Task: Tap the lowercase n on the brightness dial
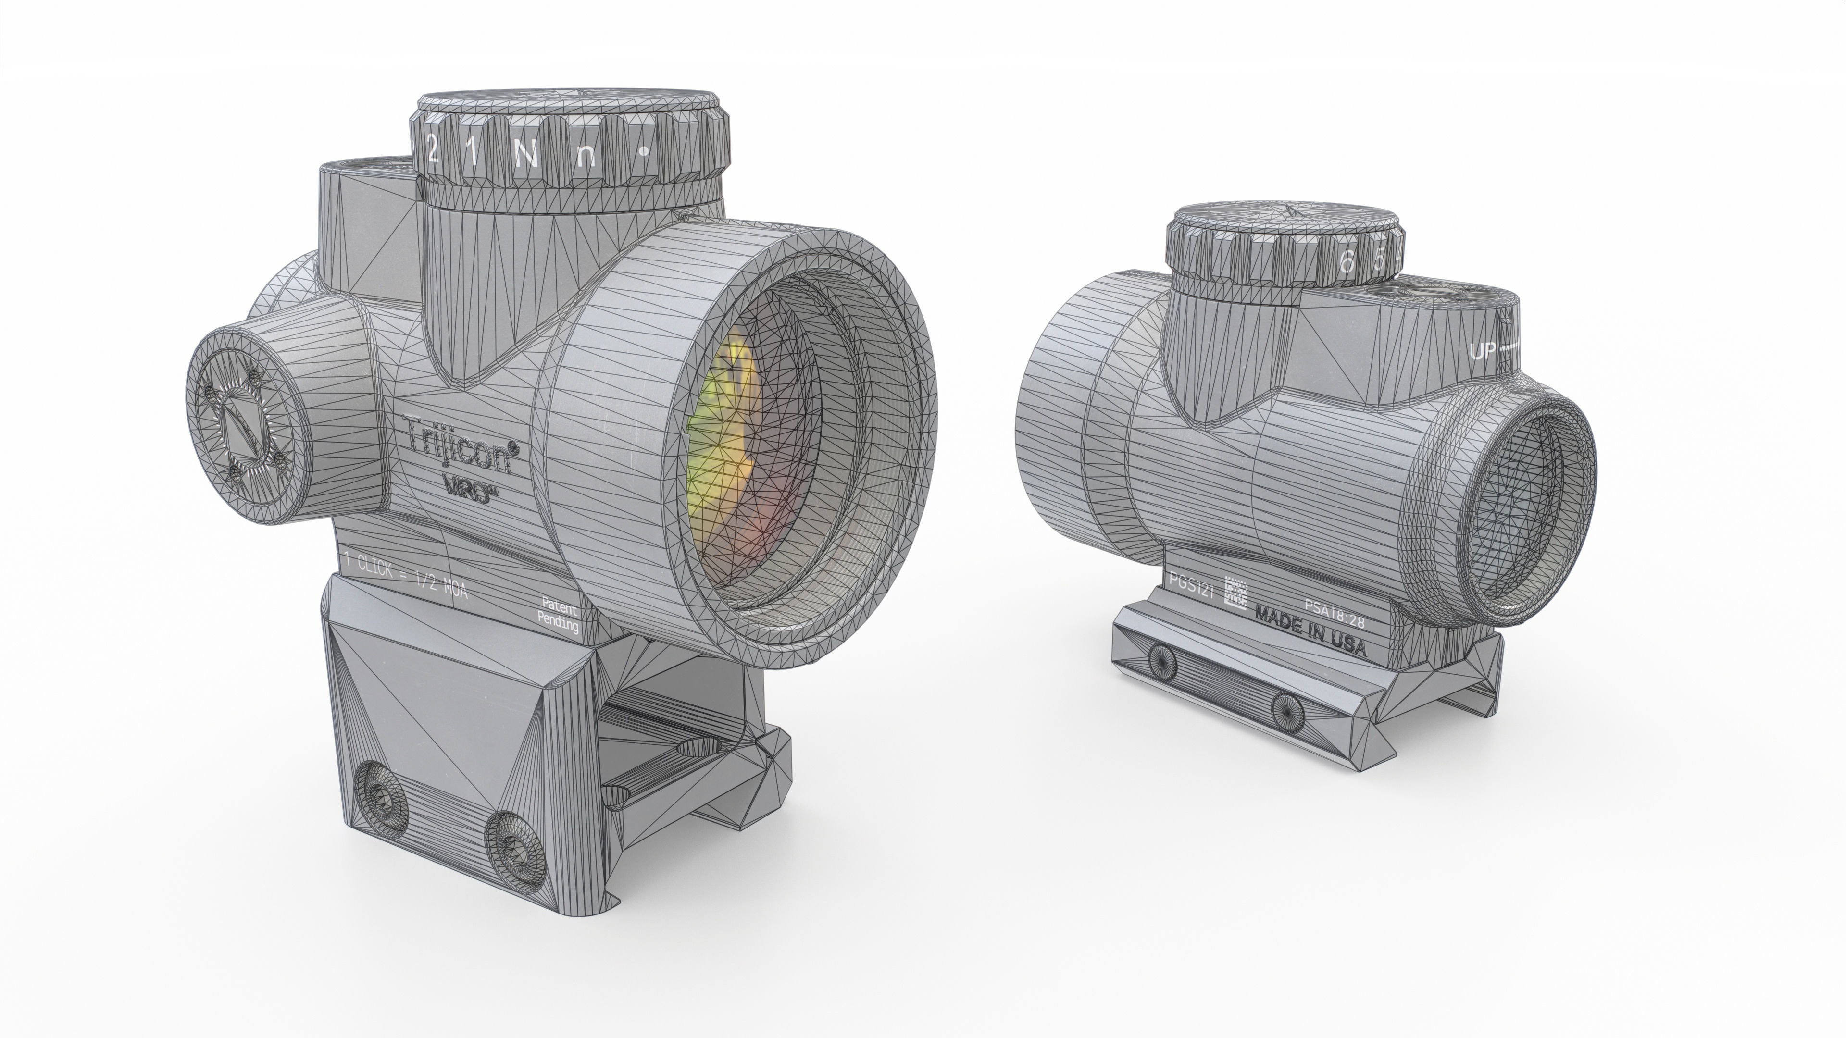[x=586, y=155]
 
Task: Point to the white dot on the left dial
[x=644, y=151]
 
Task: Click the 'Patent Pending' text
[x=559, y=614]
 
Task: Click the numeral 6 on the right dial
[x=1347, y=263]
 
